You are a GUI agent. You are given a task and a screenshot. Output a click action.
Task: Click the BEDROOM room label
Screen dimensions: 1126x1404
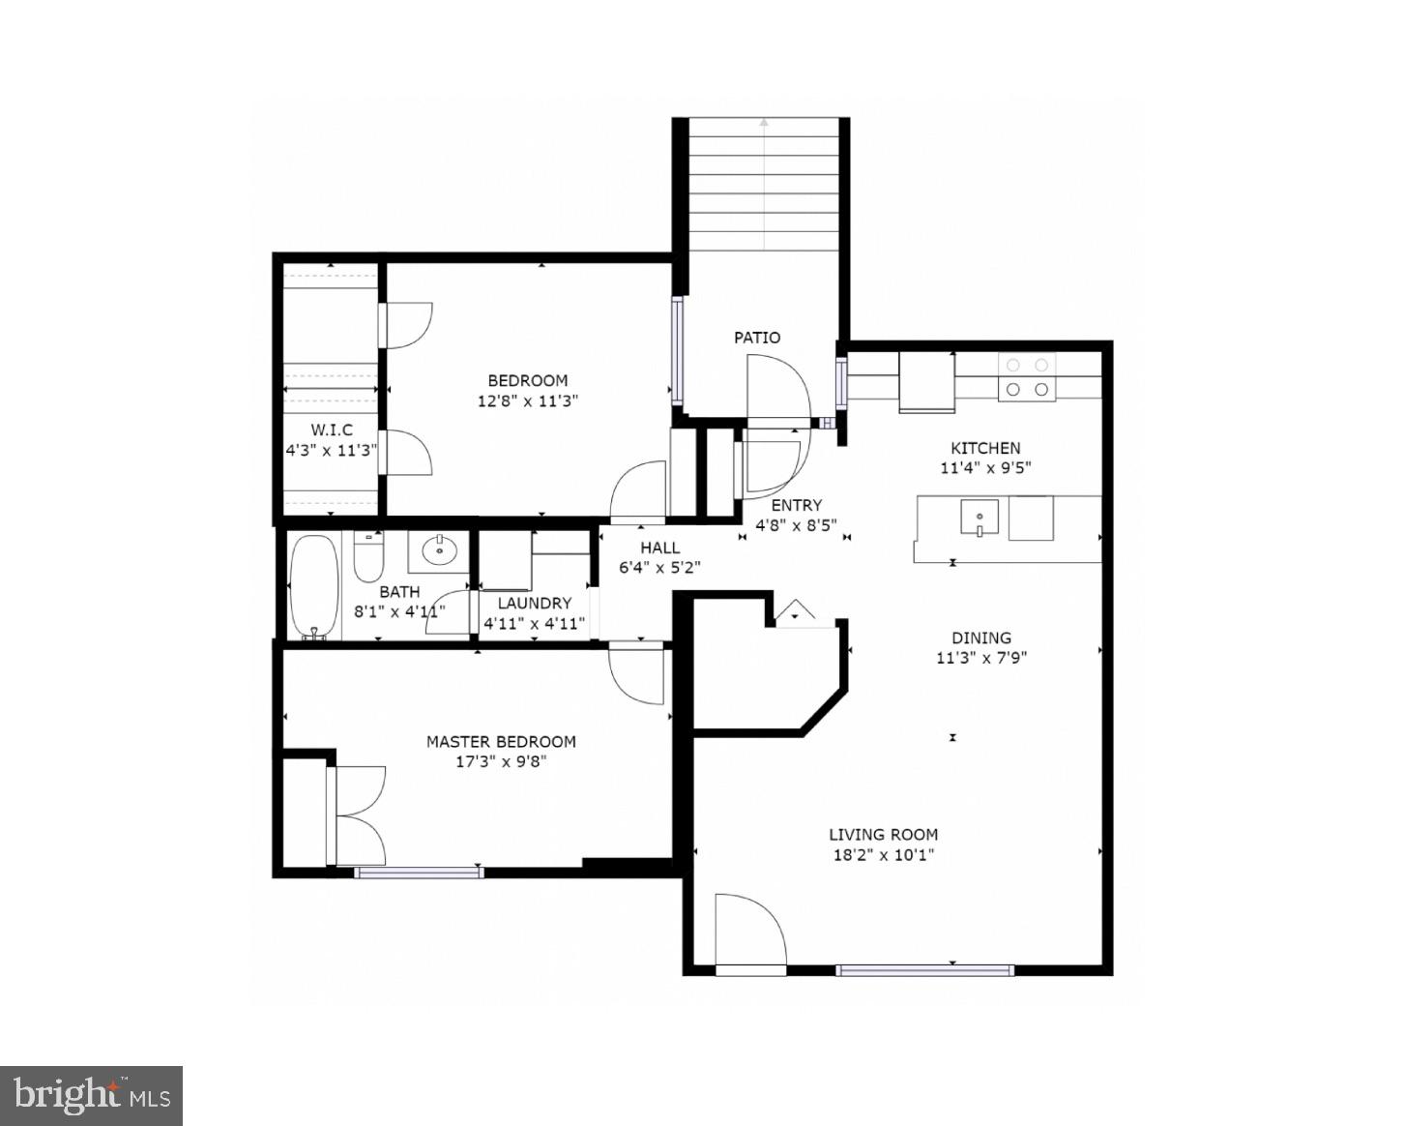[x=527, y=380]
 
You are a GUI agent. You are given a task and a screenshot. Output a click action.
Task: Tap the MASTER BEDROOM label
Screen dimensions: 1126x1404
[x=501, y=742]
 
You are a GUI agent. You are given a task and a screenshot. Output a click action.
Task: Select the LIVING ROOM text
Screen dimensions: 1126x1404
[x=883, y=835]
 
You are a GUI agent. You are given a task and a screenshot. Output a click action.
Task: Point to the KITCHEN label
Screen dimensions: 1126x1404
[x=985, y=448]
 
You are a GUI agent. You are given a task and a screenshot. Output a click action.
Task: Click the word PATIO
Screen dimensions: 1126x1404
[x=757, y=338]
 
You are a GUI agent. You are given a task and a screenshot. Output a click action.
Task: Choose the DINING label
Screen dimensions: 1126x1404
[x=981, y=637]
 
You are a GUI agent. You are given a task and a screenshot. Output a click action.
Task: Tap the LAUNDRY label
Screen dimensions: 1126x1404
[x=535, y=603]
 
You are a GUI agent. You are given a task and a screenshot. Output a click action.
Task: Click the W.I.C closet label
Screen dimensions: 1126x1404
[x=332, y=430]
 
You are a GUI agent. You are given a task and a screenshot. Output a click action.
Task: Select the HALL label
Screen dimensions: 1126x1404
[x=659, y=548]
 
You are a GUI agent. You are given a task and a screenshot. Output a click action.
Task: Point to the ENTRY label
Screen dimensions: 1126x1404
[x=796, y=505]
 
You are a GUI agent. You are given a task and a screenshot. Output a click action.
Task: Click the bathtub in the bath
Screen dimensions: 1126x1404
[x=314, y=586]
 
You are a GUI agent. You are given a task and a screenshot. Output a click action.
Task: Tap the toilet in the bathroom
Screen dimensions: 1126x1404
[x=369, y=557]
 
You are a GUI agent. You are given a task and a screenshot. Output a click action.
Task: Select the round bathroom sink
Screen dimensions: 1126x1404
[x=441, y=551]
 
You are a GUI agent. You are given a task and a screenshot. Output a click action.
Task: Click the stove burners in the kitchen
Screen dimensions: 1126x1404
[x=1027, y=377]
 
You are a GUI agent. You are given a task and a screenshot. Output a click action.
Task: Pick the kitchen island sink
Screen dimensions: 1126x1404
[x=980, y=518]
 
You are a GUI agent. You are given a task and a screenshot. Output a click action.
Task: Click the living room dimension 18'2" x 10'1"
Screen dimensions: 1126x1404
[x=883, y=855]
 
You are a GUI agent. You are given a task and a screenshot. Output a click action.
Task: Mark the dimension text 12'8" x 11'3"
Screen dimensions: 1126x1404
[x=527, y=400]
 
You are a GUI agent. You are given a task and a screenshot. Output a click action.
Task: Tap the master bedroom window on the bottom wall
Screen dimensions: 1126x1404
[x=418, y=873]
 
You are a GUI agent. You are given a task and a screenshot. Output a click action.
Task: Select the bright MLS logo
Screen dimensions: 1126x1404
[x=92, y=1095]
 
